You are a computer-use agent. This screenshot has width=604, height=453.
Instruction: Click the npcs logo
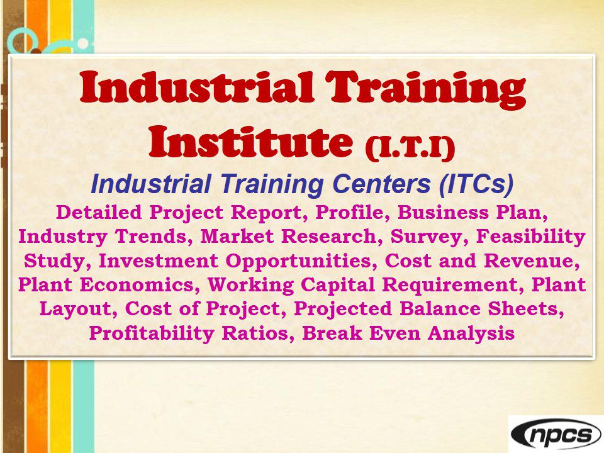(556, 435)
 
